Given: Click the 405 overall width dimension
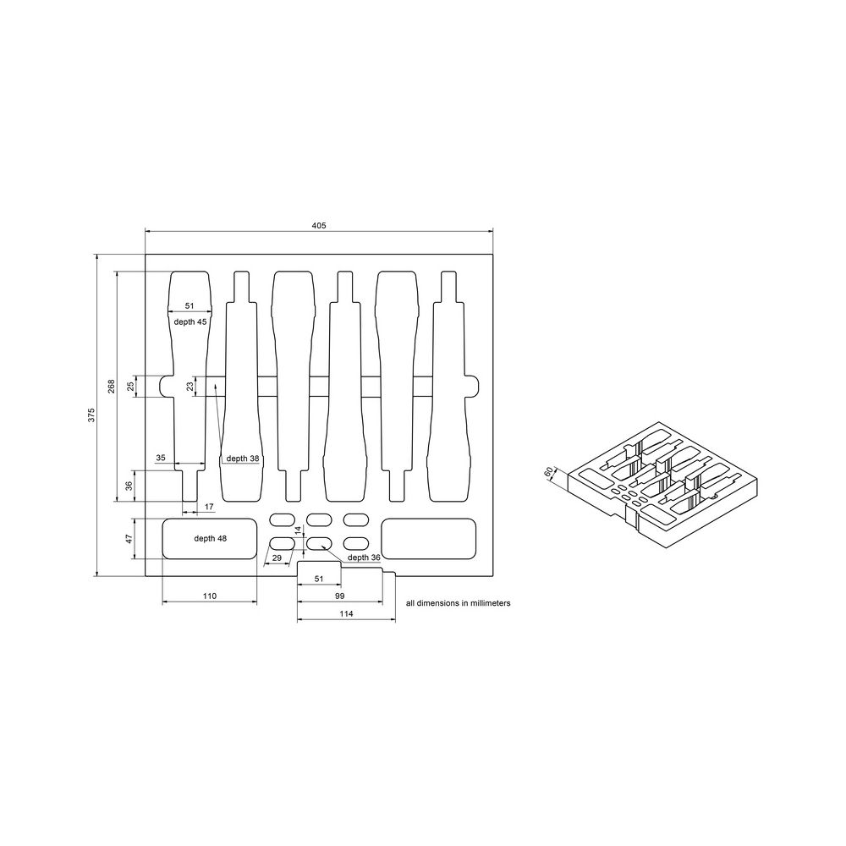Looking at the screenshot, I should tap(319, 225).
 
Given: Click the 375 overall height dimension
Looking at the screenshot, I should tap(91, 415).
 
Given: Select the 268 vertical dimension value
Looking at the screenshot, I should tap(111, 387).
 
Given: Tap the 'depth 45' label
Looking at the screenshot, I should tap(190, 322).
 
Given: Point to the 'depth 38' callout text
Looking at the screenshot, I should tap(242, 459).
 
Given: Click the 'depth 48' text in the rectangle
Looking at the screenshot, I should tap(211, 538).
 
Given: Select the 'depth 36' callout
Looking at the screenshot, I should tap(365, 558).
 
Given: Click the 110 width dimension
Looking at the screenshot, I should tap(210, 596).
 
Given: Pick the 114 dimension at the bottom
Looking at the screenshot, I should tap(345, 613).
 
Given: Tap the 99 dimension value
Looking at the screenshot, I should tap(338, 596).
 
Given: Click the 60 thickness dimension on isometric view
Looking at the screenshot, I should tap(549, 471).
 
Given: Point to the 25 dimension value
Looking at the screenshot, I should tap(131, 386).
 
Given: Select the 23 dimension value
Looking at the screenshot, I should tap(190, 386).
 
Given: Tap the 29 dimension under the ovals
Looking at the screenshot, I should tap(276, 558).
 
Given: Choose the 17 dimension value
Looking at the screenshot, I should tap(209, 507).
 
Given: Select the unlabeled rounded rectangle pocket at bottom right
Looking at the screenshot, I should tap(429, 538).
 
